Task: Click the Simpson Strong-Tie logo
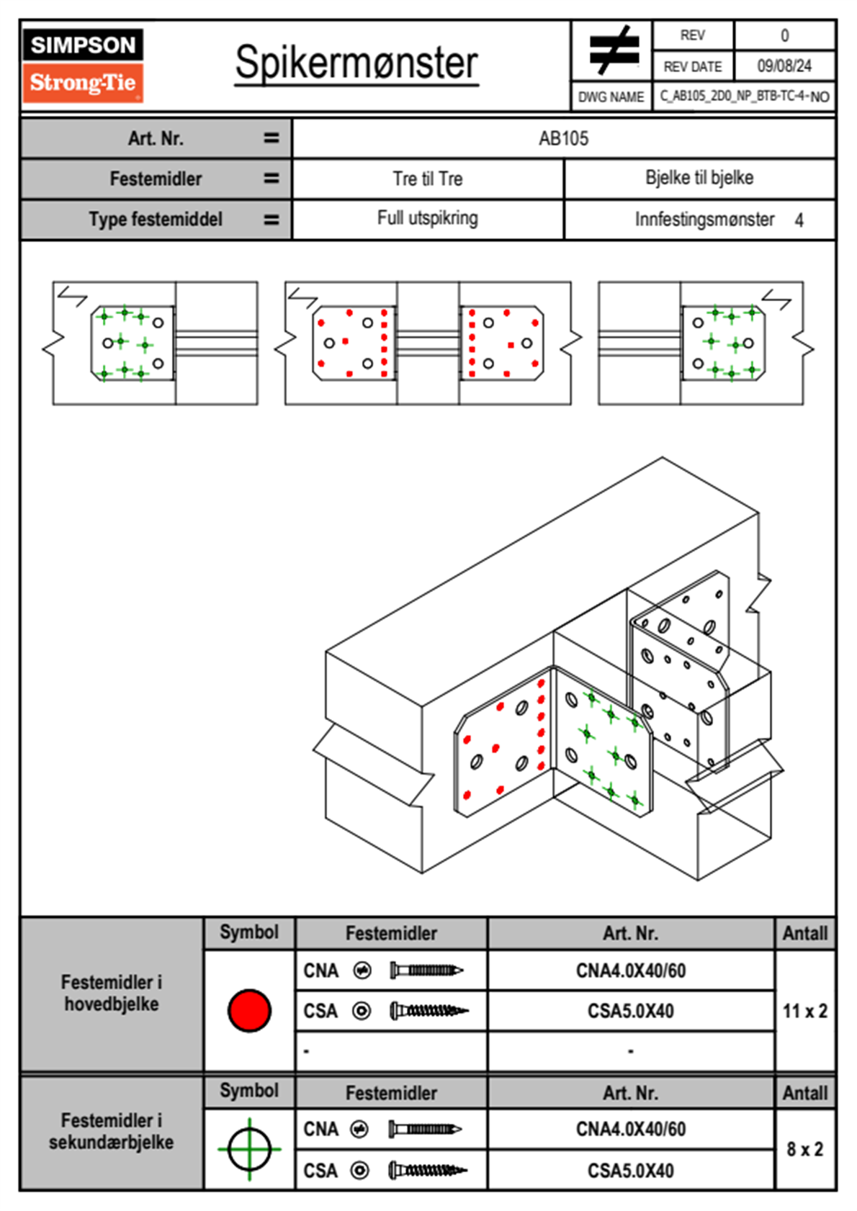click(x=83, y=65)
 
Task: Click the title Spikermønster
click(x=356, y=63)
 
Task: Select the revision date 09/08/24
click(x=784, y=66)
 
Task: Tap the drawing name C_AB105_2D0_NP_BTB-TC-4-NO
click(x=744, y=96)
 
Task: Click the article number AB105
click(x=563, y=138)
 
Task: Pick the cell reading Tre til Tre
click(x=428, y=179)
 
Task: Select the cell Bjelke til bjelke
click(x=699, y=178)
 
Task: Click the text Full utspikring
click(x=428, y=218)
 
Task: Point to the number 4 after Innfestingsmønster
click(x=799, y=220)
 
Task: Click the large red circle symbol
click(x=249, y=1010)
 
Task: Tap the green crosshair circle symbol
click(x=249, y=1149)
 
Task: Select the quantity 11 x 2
click(x=804, y=1011)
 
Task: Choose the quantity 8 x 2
click(x=804, y=1149)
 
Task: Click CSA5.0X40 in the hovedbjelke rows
click(x=630, y=1011)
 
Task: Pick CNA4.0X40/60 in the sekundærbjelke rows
click(x=630, y=1129)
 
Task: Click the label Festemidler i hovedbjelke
click(x=112, y=993)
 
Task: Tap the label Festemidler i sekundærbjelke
click(x=112, y=1131)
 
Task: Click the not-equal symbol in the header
click(x=613, y=50)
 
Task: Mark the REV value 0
click(x=784, y=35)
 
